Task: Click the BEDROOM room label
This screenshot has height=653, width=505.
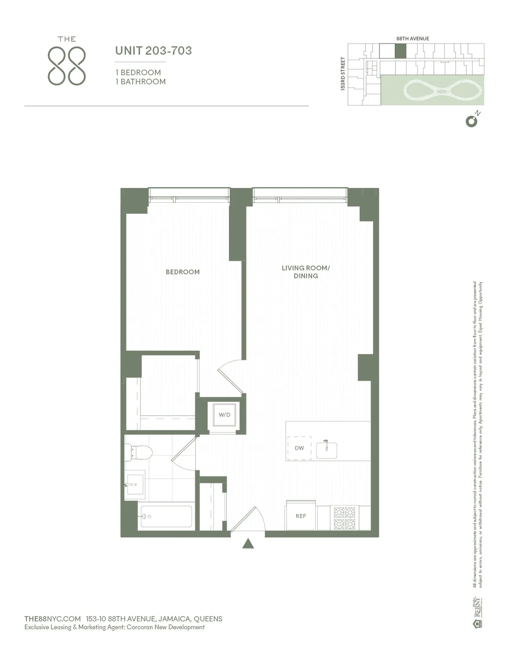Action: (183, 272)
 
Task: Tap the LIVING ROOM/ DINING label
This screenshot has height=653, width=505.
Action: (306, 272)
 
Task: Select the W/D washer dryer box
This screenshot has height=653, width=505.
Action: (224, 415)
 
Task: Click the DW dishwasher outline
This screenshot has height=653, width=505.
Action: (299, 448)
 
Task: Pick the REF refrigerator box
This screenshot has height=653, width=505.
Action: (300, 516)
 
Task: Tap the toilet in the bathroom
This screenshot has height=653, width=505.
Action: (139, 452)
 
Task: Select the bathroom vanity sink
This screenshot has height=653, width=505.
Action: (135, 485)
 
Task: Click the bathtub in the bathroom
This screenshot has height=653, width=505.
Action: (166, 516)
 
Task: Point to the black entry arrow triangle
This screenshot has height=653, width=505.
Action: (248, 544)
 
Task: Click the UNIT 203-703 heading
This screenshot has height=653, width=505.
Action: (154, 51)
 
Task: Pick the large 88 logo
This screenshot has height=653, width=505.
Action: (67, 66)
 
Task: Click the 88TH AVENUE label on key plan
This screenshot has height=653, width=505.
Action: (412, 39)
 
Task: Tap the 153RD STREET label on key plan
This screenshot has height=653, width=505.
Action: (343, 74)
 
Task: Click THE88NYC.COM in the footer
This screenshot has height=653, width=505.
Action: (53, 619)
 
